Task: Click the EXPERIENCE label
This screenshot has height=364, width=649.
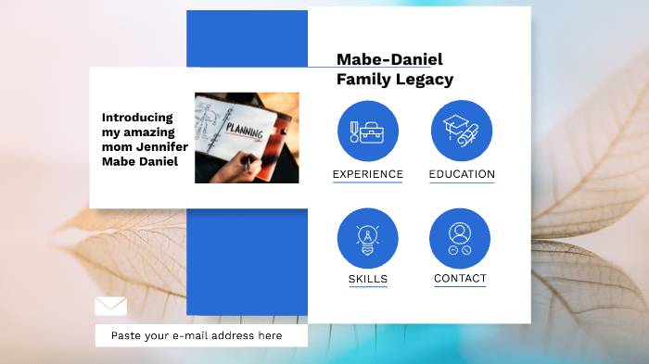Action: coord(367,174)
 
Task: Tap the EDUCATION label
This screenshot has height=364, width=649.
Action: coord(462,174)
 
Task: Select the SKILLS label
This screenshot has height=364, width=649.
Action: coord(368,279)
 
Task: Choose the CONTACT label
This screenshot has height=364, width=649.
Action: coord(460,278)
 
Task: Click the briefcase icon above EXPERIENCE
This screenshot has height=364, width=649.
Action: coord(368,131)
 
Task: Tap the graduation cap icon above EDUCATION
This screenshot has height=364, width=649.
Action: coord(462,131)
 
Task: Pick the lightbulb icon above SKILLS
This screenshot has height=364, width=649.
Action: coord(368,238)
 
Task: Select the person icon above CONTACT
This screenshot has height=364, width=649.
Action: coord(460,238)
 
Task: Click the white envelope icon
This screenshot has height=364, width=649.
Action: coord(110,306)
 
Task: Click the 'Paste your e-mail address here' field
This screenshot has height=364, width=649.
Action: coord(201,335)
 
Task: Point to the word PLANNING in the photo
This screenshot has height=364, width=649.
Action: coord(245,132)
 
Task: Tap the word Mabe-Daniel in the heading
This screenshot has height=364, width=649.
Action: coord(389,59)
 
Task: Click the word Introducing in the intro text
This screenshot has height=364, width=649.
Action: coord(137,117)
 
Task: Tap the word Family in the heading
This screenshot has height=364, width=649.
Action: coord(363,80)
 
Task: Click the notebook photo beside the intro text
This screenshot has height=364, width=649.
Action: coord(247,137)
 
